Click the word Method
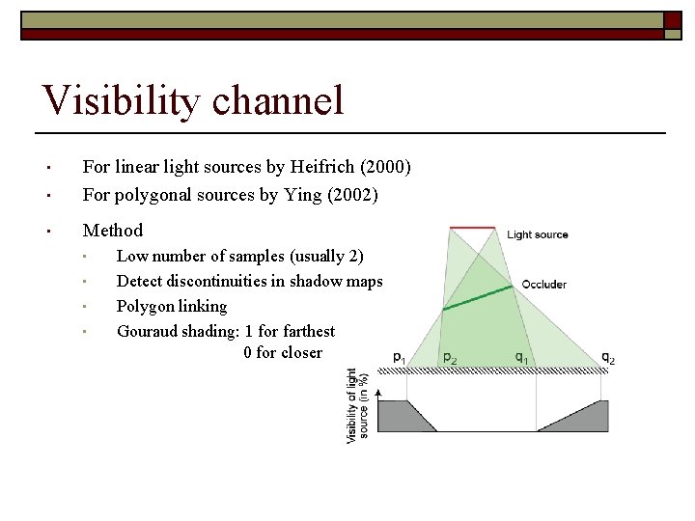tap(112, 231)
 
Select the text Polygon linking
tap(171, 306)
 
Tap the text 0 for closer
tap(282, 353)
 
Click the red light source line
tap(473, 229)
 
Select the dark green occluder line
tap(477, 297)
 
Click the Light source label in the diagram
tap(538, 234)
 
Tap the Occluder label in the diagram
tap(543, 285)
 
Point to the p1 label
tap(399, 357)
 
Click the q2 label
tap(607, 358)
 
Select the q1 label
tap(521, 358)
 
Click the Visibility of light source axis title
tap(357, 404)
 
